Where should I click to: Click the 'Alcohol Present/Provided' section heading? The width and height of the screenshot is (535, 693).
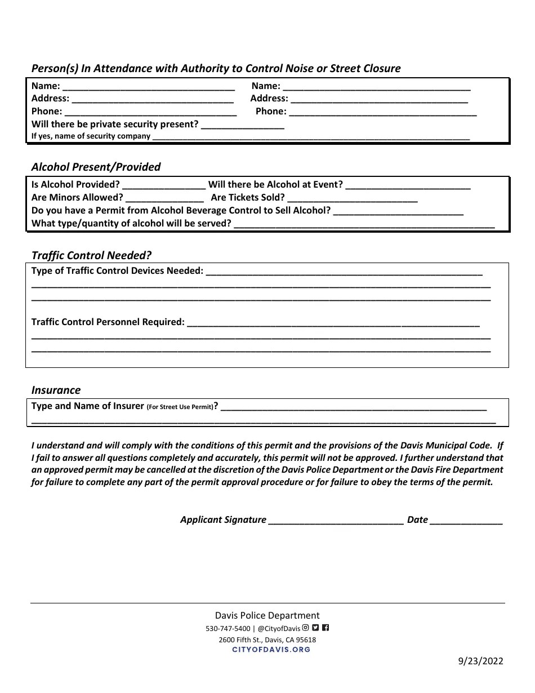pyautogui.click(x=96, y=167)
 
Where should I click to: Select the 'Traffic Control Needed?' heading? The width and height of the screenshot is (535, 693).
pyautogui.click(x=91, y=255)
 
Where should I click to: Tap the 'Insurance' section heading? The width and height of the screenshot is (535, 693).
pyautogui.click(x=56, y=390)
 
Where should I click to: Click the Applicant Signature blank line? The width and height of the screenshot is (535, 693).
pyautogui.click(x=336, y=521)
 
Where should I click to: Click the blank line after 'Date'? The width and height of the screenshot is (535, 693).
pyautogui.click(x=466, y=521)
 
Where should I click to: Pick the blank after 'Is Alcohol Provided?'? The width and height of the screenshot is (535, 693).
pyautogui.click(x=164, y=185)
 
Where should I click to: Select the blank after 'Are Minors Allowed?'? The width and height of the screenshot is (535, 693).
pyautogui.click(x=164, y=198)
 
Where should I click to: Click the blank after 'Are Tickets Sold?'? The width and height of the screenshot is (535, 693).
pyautogui.click(x=353, y=198)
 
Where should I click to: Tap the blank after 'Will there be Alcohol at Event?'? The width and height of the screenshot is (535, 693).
pyautogui.click(x=408, y=185)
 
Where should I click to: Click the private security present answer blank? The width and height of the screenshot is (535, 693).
pyautogui.click(x=242, y=125)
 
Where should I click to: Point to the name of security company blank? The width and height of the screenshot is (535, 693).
pyautogui.click(x=311, y=137)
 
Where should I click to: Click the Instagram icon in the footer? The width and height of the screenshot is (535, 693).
pyautogui.click(x=306, y=628)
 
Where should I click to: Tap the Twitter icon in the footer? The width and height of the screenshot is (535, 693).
pyautogui.click(x=315, y=628)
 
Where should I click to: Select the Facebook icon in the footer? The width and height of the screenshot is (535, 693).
pyautogui.click(x=326, y=628)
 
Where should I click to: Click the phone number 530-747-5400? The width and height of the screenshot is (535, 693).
pyautogui.click(x=228, y=629)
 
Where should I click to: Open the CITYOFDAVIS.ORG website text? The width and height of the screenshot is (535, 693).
pyautogui.click(x=271, y=650)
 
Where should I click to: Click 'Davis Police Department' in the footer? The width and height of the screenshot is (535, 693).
pyautogui.click(x=267, y=616)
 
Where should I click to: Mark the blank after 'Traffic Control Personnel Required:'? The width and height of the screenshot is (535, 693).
pyautogui.click(x=333, y=323)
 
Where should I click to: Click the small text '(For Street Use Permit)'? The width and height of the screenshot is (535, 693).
pyautogui.click(x=180, y=407)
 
